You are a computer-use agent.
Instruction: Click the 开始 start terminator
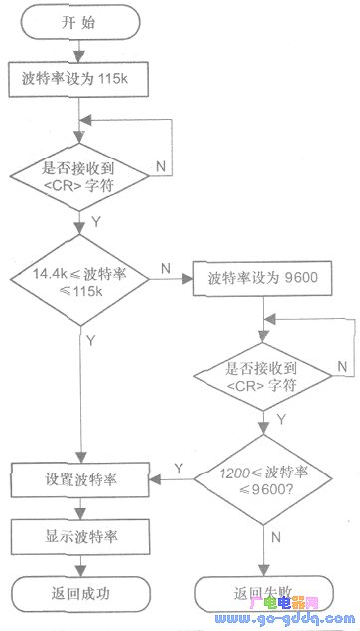(81, 23)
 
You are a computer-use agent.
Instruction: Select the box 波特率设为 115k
(81, 78)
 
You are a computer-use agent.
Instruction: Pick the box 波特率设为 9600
(262, 248)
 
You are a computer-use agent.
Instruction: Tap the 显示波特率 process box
(81, 534)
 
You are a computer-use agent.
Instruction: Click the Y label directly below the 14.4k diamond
(92, 340)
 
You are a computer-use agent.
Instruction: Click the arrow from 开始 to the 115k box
(80, 52)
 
